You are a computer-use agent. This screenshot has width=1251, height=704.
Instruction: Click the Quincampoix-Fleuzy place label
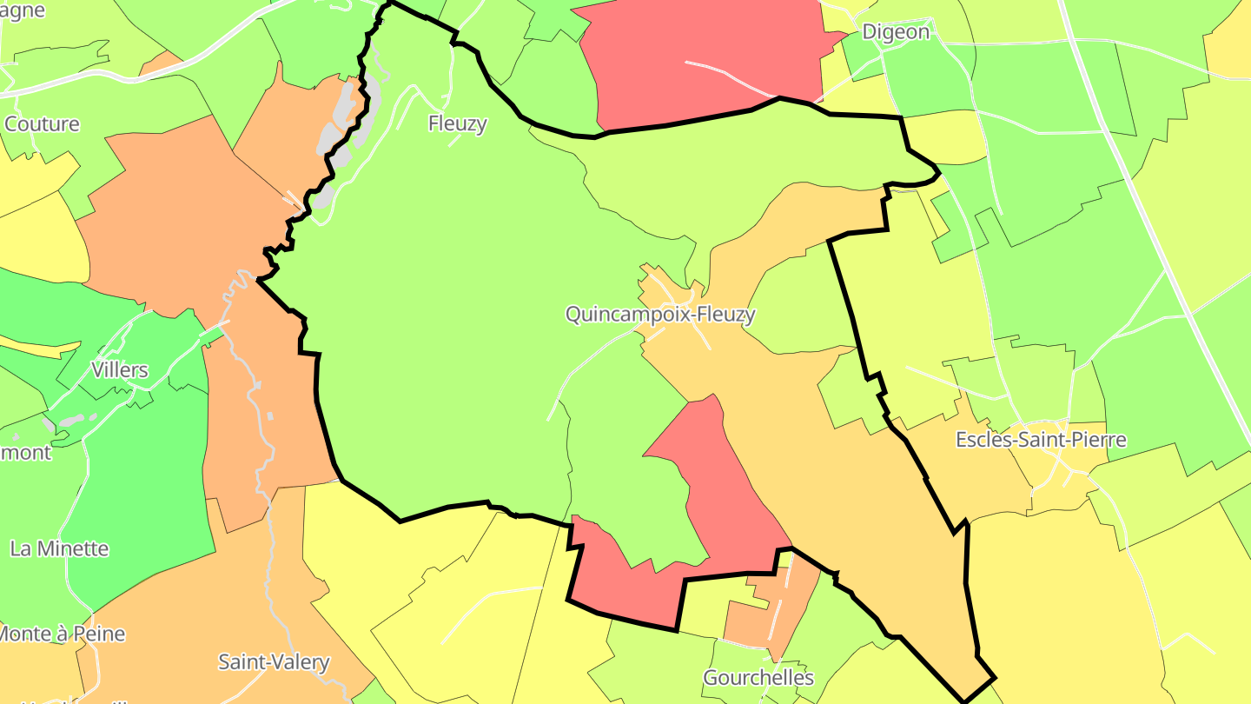pyautogui.click(x=660, y=315)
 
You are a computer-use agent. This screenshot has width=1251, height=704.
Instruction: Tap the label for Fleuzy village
pyautogui.click(x=457, y=123)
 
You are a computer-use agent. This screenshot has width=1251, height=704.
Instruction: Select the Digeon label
pyautogui.click(x=895, y=32)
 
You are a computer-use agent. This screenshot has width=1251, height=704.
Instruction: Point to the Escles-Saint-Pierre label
pyautogui.click(x=1041, y=440)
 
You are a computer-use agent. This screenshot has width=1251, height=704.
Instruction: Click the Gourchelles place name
pyautogui.click(x=758, y=677)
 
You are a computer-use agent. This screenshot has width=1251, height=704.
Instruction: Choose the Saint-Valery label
pyautogui.click(x=274, y=662)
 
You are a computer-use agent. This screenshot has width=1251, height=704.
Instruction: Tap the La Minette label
pyautogui.click(x=59, y=548)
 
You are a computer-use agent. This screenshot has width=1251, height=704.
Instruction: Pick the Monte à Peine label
pyautogui.click(x=63, y=634)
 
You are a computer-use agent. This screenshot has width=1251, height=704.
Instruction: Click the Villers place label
pyautogui.click(x=120, y=370)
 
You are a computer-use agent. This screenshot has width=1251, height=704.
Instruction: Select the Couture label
pyautogui.click(x=42, y=123)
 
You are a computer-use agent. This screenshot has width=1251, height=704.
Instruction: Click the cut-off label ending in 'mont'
pyautogui.click(x=26, y=452)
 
